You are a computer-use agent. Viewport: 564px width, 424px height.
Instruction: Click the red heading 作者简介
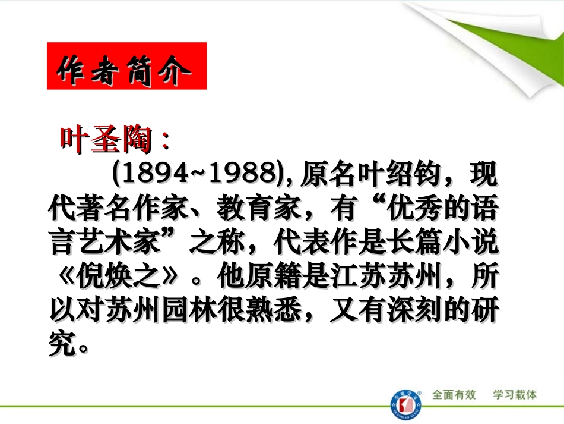pos(126,66)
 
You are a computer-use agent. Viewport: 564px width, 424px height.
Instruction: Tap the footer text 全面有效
pos(454,395)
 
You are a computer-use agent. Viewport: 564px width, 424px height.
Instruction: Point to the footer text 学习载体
pos(515,395)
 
